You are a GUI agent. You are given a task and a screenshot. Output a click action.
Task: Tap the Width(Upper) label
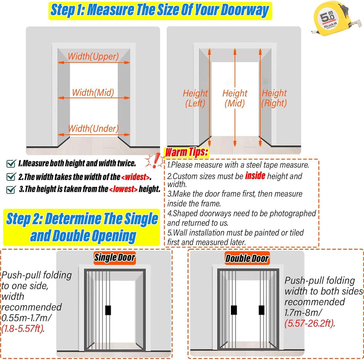93,57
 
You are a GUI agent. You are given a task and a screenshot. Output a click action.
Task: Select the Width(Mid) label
93,92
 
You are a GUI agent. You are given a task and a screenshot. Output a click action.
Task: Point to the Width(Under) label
93,128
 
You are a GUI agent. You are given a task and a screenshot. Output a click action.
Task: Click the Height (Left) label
195,98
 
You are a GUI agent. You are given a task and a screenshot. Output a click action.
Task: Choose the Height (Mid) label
235,98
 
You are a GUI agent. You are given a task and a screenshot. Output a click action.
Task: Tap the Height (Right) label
274,98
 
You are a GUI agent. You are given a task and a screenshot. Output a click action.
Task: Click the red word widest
135,177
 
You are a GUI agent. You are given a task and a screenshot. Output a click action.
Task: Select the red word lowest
123,189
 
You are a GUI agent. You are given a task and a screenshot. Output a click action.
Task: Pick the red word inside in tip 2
255,176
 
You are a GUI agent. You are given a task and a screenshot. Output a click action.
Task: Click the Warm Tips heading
186,152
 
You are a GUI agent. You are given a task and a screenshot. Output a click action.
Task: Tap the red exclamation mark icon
155,160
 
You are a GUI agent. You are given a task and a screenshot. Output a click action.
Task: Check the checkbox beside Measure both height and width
11,164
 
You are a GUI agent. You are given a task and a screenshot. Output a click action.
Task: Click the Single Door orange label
114,258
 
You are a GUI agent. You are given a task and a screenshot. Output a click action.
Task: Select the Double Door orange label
247,258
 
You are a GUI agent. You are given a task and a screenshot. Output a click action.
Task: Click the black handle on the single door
108,310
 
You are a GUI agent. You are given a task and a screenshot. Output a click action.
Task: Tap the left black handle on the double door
234,310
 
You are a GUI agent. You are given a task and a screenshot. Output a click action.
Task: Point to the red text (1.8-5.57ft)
23,328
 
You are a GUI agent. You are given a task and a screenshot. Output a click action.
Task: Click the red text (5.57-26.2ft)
309,323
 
